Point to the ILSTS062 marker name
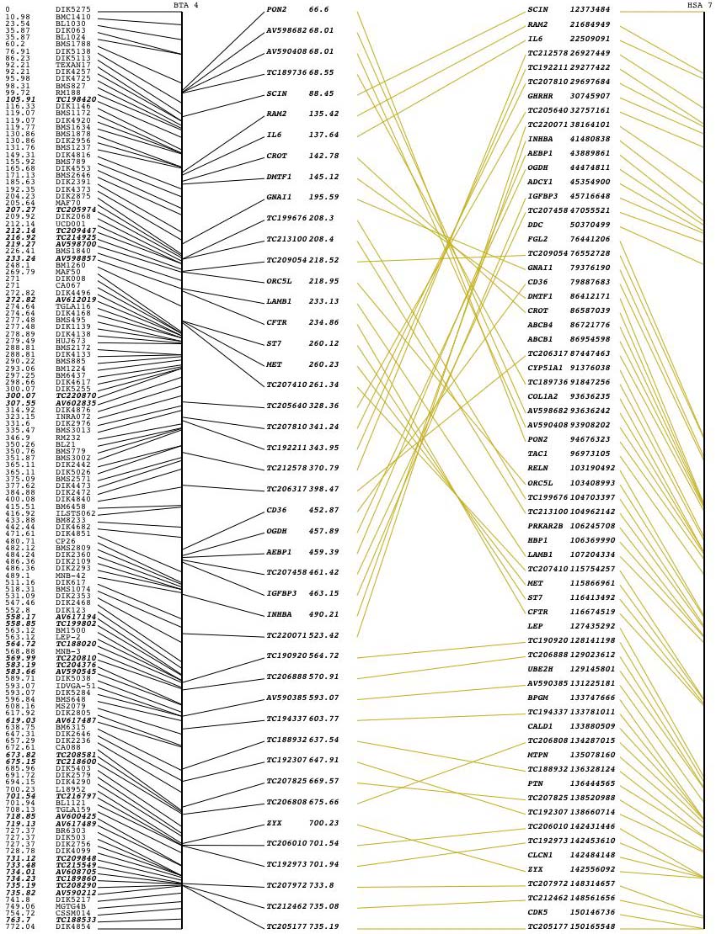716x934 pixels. click(76, 512)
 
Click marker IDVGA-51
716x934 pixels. click(76, 686)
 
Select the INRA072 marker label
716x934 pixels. click(73, 417)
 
